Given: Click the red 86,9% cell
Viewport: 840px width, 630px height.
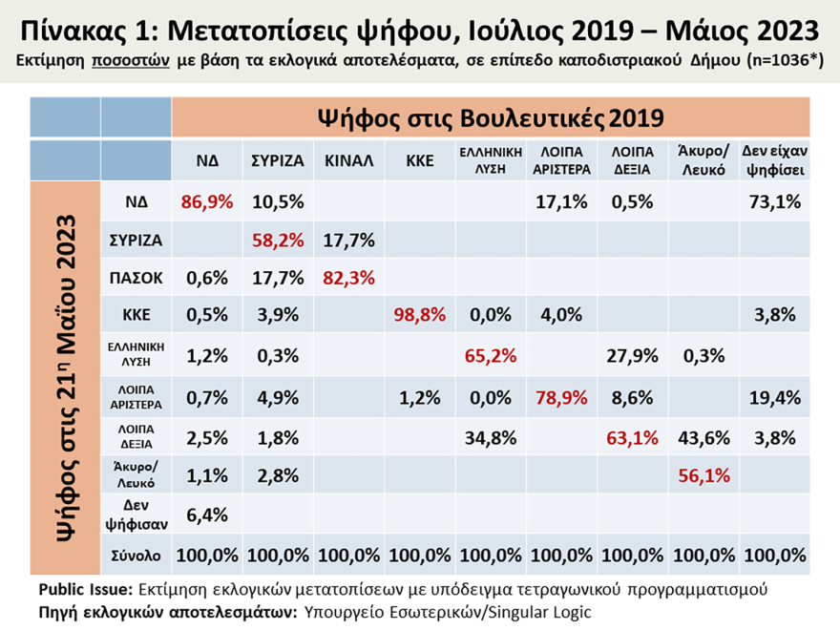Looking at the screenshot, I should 208,202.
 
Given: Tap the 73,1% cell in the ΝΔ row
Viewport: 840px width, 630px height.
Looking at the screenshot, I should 774,202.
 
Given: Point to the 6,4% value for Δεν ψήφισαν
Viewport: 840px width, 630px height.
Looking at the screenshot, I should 208,515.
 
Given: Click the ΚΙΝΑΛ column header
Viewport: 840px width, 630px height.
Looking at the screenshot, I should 347,160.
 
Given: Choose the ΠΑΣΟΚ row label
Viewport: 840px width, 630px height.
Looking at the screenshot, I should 136,280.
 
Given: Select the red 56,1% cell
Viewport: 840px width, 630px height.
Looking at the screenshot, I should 705,476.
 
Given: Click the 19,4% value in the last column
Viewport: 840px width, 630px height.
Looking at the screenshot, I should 774,398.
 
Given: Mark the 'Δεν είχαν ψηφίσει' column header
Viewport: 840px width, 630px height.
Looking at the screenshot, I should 774,160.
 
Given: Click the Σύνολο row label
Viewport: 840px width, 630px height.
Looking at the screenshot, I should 136,555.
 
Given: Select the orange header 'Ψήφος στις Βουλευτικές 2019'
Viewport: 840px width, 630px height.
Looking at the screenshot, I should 491,118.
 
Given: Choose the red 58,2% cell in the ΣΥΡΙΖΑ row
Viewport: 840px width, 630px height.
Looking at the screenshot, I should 278,241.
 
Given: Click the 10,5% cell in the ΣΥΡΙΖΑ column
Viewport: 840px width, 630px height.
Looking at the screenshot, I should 278,202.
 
